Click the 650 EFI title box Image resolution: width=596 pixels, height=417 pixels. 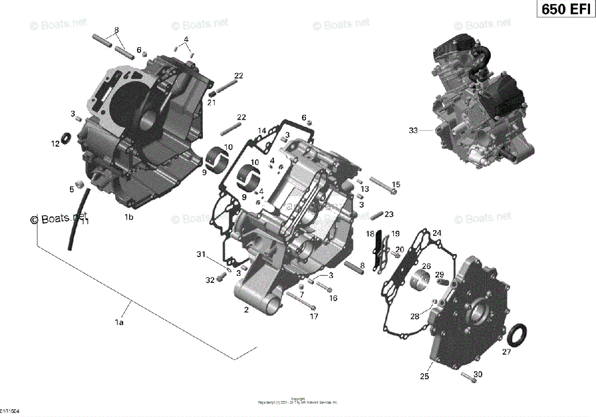pos(565,9)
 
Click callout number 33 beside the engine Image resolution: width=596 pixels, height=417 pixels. pos(413,131)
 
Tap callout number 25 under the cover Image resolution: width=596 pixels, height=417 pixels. pos(424,377)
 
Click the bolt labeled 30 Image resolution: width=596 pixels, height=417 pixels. pos(470,377)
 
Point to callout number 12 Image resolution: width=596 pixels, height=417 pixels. pos(55,144)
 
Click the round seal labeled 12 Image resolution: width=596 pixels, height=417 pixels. pos(66,137)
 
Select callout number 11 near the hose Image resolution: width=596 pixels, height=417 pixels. pos(85,222)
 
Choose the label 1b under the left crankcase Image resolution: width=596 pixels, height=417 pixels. pos(129,217)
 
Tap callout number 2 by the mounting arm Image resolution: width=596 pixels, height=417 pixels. pos(246,310)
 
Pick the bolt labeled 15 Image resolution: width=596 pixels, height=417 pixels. pos(383,186)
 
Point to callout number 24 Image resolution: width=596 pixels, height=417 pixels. pos(437,233)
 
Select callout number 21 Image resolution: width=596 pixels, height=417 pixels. pos(212,102)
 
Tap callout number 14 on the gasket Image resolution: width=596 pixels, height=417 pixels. pos(262,131)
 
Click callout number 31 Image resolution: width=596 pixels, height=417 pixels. pos(200,254)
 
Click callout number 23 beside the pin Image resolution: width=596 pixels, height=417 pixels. pos(389,214)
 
